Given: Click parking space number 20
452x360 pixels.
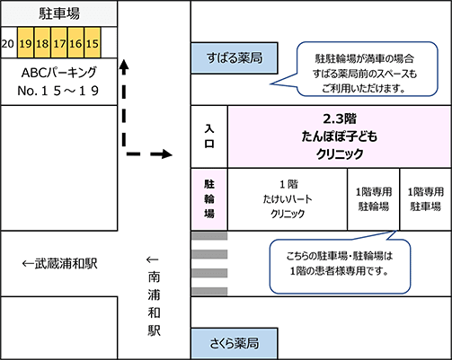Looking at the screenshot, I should pos(8,43).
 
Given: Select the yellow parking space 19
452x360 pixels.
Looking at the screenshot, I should pos(25,43).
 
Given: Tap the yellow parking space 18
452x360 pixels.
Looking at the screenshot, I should pos(41,43).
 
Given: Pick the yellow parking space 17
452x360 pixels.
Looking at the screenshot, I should pos(58,43).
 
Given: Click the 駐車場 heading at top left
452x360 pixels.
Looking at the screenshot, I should pos(58,13).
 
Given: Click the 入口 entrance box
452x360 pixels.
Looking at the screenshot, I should pos(208,136).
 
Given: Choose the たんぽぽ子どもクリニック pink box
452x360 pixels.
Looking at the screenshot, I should pos(340,136).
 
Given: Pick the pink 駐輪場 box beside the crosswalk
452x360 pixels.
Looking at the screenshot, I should pos(208,199).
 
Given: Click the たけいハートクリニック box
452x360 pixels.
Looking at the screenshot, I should pos(288,199).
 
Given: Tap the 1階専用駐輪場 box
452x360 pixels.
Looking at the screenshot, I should pos(372,199).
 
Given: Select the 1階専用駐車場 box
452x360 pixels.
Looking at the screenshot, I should pos(424,199).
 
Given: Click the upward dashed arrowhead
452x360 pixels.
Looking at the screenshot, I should pos(126,66).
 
